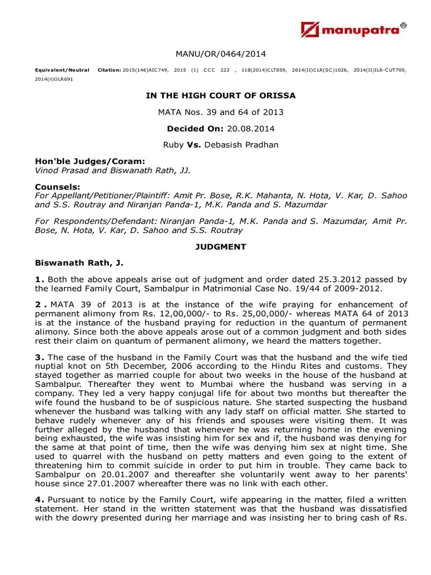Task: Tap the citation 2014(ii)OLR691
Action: [x=54, y=80]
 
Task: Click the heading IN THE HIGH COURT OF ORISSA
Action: [x=221, y=96]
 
